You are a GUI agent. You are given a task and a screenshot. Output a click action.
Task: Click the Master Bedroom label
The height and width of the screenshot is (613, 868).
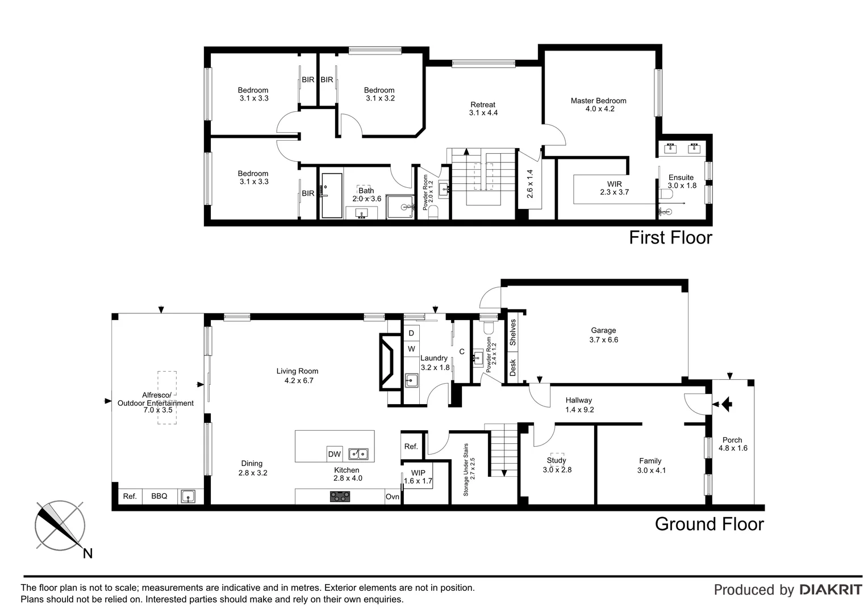pyautogui.click(x=598, y=104)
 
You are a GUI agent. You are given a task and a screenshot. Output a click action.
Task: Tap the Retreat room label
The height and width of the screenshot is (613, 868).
pyautogui.click(x=483, y=108)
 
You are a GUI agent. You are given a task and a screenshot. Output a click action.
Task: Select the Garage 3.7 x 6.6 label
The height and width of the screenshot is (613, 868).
pyautogui.click(x=603, y=335)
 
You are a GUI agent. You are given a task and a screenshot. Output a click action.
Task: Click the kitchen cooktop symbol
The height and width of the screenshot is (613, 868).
pyautogui.click(x=340, y=497)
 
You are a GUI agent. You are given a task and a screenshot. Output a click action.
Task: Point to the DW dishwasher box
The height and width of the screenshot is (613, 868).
pyautogui.click(x=335, y=454)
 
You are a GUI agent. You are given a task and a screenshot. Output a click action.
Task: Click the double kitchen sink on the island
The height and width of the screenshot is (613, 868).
pyautogui.click(x=358, y=454)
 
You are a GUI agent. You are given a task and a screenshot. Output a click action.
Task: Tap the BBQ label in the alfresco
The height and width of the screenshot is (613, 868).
pyautogui.click(x=159, y=496)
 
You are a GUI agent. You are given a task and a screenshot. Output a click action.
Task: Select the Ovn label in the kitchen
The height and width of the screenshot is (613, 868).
pyautogui.click(x=393, y=497)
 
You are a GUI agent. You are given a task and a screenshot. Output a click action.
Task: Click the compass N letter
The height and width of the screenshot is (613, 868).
pyautogui.click(x=87, y=553)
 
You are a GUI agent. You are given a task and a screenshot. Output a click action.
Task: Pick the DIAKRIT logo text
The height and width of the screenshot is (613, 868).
pyautogui.click(x=831, y=590)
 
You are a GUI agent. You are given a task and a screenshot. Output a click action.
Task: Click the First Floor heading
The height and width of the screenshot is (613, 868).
pyautogui.click(x=670, y=237)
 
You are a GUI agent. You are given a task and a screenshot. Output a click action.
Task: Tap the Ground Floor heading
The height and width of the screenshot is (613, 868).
pyautogui.click(x=709, y=523)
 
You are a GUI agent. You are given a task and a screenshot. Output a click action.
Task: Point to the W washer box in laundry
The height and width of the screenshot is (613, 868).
pyautogui.click(x=411, y=349)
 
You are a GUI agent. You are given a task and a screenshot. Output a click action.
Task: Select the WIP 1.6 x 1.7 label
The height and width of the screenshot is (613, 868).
pyautogui.click(x=418, y=477)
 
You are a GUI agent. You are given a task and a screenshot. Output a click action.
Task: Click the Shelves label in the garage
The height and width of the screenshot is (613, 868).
pyautogui.click(x=512, y=333)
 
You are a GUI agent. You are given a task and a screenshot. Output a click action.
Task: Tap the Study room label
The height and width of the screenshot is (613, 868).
pyautogui.click(x=556, y=465)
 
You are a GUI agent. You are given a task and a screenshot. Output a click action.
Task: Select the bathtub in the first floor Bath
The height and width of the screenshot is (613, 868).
pyautogui.click(x=332, y=196)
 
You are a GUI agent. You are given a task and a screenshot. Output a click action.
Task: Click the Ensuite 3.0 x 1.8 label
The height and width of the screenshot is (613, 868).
pyautogui.click(x=681, y=181)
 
